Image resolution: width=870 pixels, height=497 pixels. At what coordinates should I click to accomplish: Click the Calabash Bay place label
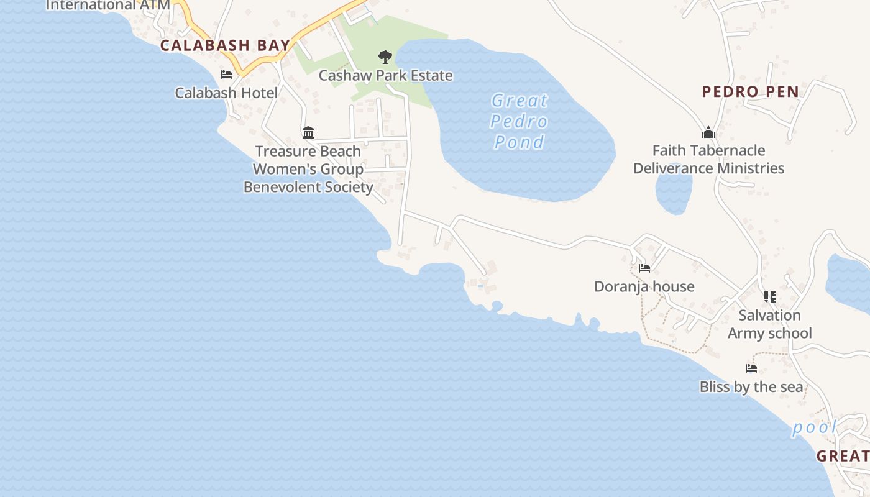tap(225, 45)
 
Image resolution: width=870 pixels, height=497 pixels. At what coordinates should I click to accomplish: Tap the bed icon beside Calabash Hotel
tap(226, 75)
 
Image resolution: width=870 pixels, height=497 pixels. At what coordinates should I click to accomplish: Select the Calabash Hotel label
tap(226, 93)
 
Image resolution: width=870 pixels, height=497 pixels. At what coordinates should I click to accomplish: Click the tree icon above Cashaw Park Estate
tap(385, 57)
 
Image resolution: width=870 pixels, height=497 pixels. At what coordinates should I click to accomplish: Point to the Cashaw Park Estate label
tap(385, 76)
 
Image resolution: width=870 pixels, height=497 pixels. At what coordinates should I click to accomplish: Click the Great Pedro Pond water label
tap(520, 121)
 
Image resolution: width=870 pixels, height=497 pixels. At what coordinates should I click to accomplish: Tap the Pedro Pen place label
tap(750, 92)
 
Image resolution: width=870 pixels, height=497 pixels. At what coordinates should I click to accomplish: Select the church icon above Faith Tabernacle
tap(708, 132)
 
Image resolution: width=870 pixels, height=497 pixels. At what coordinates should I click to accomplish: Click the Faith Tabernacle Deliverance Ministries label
tap(708, 160)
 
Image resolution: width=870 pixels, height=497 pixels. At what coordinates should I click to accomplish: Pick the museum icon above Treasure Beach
tap(308, 132)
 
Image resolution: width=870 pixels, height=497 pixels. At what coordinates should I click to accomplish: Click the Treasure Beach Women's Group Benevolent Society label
tap(308, 169)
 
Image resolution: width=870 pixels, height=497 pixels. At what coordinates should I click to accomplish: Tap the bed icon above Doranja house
tap(644, 268)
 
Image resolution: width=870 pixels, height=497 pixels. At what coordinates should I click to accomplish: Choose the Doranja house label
tap(644, 286)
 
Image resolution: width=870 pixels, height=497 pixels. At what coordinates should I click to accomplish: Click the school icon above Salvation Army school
tap(770, 297)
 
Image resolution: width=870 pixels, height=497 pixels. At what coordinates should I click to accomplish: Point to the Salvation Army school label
tap(770, 324)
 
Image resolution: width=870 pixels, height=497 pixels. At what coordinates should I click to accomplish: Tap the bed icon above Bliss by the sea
tap(751, 368)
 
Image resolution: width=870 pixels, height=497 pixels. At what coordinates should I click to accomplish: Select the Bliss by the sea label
tap(751, 387)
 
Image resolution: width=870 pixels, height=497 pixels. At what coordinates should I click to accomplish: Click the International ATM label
tap(108, 6)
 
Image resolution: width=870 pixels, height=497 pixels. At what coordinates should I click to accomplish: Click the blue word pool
tap(814, 428)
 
